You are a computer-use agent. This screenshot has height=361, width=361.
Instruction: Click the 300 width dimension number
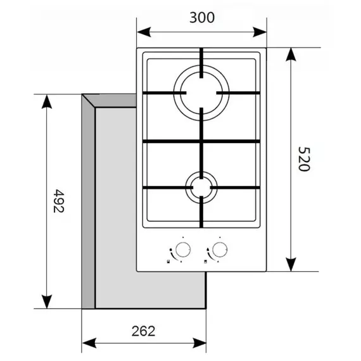pyautogui.click(x=202, y=18)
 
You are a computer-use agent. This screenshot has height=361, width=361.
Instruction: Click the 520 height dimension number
pyautogui.click(x=304, y=159)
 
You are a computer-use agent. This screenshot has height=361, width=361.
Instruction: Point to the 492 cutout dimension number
pyautogui.click(x=59, y=201)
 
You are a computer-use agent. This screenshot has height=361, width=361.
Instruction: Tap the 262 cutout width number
pyautogui.click(x=143, y=331)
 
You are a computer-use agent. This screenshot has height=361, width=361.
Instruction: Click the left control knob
pyautogui.click(x=183, y=250)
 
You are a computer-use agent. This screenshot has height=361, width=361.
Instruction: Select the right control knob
pyautogui.click(x=220, y=250)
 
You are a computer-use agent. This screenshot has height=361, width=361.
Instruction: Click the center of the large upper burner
pyautogui.click(x=201, y=92)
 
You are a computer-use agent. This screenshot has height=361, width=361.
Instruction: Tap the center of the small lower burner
pyautogui.click(x=201, y=187)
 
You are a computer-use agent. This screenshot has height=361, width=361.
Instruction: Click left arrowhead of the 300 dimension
pyautogui.click(x=144, y=32)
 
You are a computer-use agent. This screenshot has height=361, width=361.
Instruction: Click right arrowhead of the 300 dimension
pyautogui.click(x=260, y=32)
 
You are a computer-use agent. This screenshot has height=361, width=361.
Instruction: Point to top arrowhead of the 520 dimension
pyautogui.click(x=291, y=54)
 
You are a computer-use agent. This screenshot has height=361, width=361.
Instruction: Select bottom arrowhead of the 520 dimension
pyautogui.click(x=291, y=265)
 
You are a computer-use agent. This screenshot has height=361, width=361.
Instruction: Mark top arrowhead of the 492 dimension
pyautogui.click(x=47, y=101)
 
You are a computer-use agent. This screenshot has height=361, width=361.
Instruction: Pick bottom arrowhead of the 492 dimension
pyautogui.click(x=47, y=301)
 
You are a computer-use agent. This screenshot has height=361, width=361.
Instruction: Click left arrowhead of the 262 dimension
pyautogui.click(x=89, y=343)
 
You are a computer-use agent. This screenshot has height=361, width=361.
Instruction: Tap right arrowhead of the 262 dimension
pyautogui.click(x=199, y=343)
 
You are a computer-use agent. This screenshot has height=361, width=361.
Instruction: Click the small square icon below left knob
pyautogui.click(x=168, y=262)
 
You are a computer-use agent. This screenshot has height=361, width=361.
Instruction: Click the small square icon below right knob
pyautogui.click(x=205, y=262)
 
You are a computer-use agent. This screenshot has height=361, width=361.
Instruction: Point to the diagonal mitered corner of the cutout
pyautogui.click(x=89, y=101)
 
